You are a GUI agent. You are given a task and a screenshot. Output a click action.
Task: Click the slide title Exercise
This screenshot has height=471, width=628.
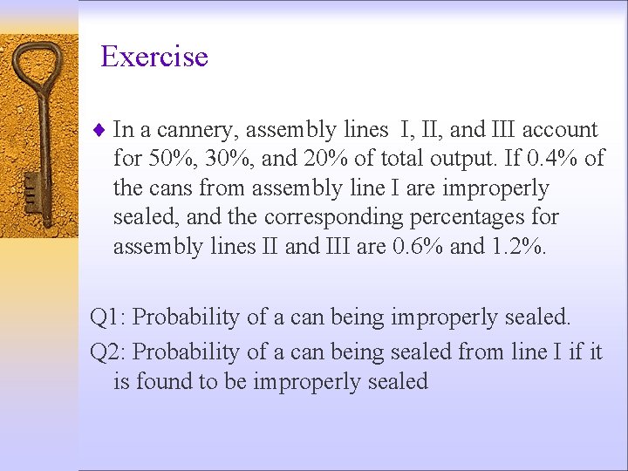[x=154, y=57]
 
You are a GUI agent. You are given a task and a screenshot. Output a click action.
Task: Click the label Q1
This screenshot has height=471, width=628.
[x=107, y=317]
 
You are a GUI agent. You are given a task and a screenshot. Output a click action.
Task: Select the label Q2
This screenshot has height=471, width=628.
[x=107, y=352]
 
